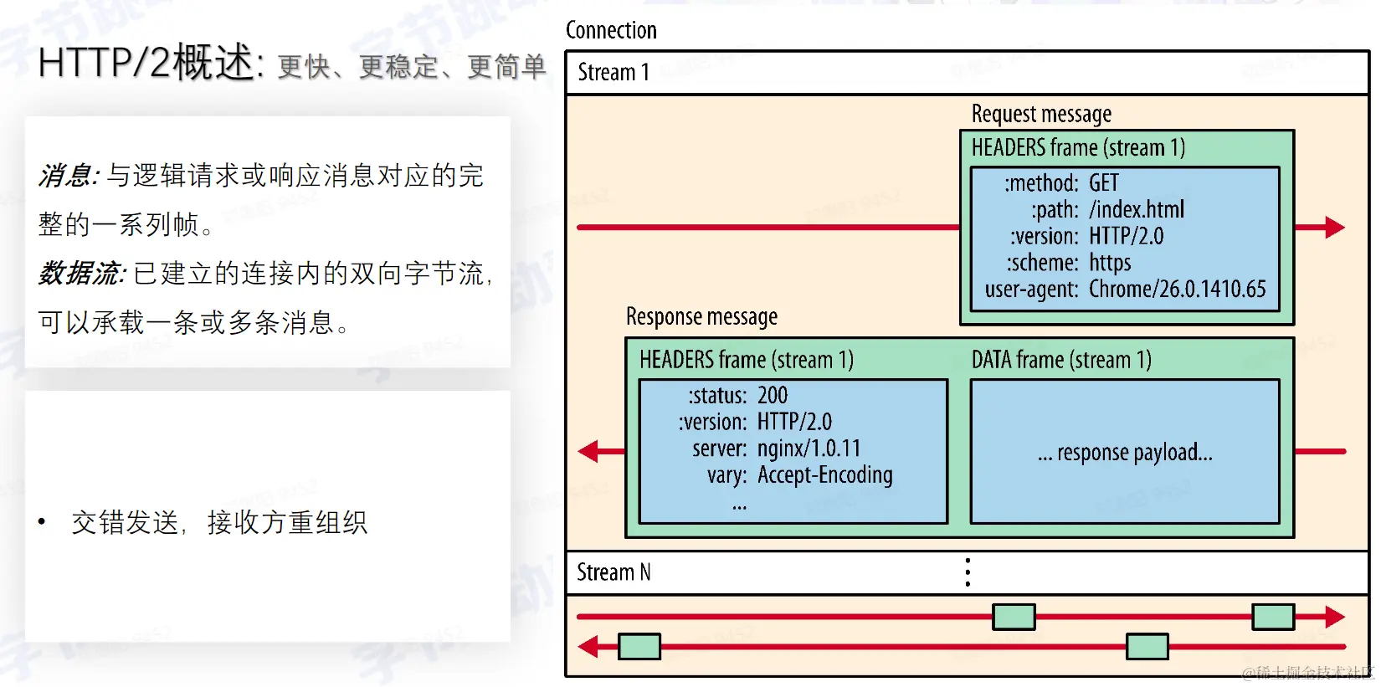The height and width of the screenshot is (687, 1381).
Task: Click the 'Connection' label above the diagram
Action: tap(611, 30)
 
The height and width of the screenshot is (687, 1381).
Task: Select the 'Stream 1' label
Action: tap(613, 73)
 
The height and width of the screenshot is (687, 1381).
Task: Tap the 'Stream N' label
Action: tap(613, 572)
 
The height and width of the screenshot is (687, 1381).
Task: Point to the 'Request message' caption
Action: tap(1041, 114)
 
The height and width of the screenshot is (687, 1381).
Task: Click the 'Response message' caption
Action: tap(701, 316)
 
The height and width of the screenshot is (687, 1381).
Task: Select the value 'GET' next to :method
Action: tap(1103, 182)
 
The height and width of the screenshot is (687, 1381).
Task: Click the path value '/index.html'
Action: tap(1136, 209)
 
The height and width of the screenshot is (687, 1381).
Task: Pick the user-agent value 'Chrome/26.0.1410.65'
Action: tap(1177, 290)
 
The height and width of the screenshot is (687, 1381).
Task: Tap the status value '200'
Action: tap(772, 395)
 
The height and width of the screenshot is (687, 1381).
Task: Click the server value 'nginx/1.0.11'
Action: tap(809, 449)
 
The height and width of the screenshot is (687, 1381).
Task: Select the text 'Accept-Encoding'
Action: tap(824, 475)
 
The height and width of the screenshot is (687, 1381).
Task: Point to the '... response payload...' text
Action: tap(1125, 453)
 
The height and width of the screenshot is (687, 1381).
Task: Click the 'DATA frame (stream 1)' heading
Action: tap(1061, 360)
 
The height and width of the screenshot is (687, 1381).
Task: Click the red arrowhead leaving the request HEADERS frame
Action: tap(1334, 227)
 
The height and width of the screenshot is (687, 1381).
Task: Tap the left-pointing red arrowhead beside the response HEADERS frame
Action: tap(589, 452)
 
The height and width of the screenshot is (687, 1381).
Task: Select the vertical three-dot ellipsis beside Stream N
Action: tap(968, 572)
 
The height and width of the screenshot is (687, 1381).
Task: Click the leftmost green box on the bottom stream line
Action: tap(639, 646)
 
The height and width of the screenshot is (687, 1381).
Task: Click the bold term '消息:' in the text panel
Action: tap(69, 176)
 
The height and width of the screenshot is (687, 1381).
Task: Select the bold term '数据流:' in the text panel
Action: tap(82, 274)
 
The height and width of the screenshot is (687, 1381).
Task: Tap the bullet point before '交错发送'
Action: tap(42, 522)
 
